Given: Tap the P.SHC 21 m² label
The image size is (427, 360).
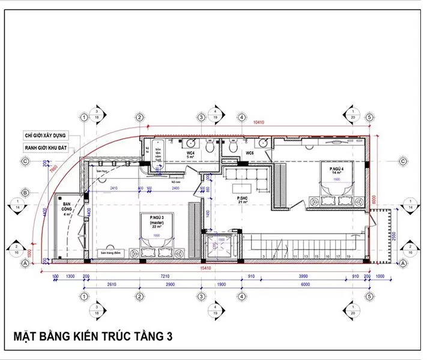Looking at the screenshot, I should [x=242, y=200].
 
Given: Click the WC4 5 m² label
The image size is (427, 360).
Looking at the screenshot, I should [x=190, y=155].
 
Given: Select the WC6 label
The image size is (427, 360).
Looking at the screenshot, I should [x=250, y=154].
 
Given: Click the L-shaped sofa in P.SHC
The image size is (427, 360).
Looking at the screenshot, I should [x=243, y=177].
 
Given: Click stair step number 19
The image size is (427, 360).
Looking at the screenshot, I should [x=348, y=256].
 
